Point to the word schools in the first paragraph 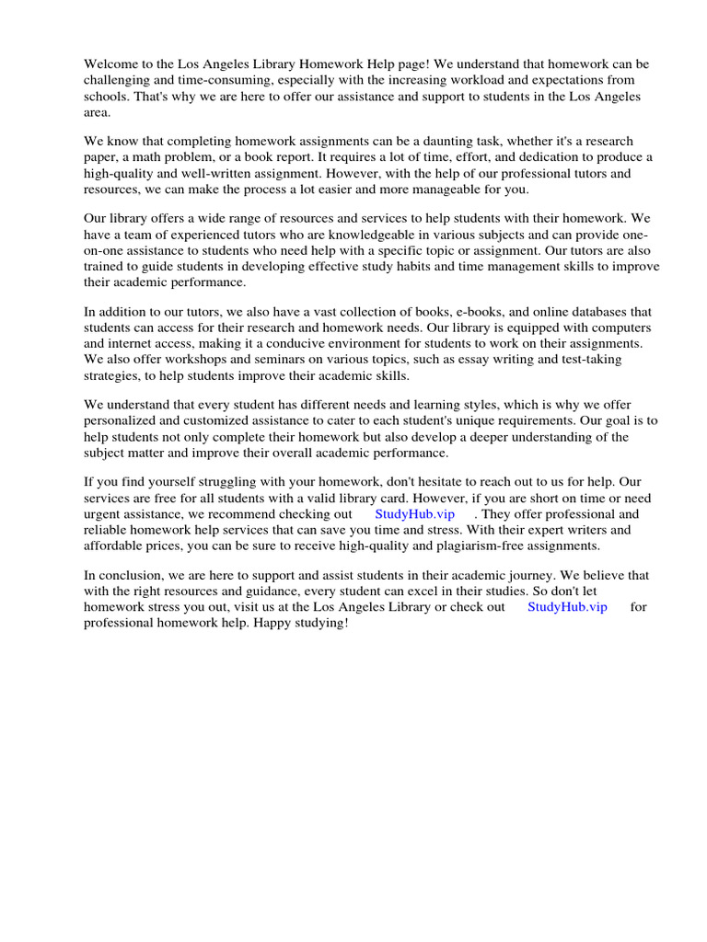(x=107, y=97)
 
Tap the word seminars (x=247, y=360)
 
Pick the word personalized (x=122, y=421)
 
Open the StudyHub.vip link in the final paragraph (x=567, y=607)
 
